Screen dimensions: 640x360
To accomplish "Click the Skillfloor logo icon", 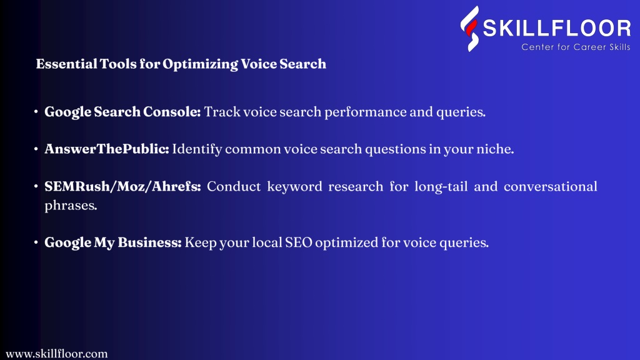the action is pyautogui.click(x=470, y=29).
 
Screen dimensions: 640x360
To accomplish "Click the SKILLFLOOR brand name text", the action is pyautogui.click(x=557, y=28).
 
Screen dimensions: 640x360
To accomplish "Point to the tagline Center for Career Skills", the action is pyautogui.click(x=576, y=47).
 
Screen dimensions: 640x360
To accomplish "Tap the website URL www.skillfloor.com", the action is pyautogui.click(x=57, y=354).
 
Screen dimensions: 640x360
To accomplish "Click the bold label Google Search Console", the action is pyautogui.click(x=122, y=112).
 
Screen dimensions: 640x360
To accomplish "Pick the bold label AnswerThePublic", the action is pyautogui.click(x=106, y=149).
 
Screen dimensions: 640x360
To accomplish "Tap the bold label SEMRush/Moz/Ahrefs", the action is pyautogui.click(x=122, y=186).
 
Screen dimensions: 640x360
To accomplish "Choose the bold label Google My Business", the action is pyautogui.click(x=112, y=242).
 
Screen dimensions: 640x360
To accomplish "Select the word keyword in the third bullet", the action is pyautogui.click(x=294, y=187).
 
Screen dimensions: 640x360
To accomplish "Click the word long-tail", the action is pyautogui.click(x=441, y=187).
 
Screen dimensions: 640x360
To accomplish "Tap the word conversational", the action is pyautogui.click(x=550, y=186).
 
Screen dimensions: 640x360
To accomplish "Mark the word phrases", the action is pyautogui.click(x=71, y=205).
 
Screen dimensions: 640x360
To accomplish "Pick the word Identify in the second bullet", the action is pyautogui.click(x=197, y=149).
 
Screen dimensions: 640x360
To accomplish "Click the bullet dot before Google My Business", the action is pyautogui.click(x=36, y=242).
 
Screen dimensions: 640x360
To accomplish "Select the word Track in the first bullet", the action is pyautogui.click(x=222, y=112).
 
